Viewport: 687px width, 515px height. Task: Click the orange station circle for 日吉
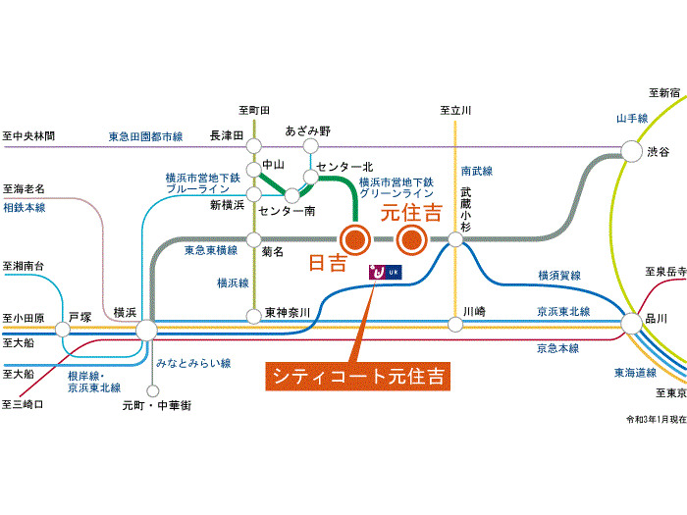click(354, 237)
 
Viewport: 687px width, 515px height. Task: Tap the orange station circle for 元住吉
click(413, 237)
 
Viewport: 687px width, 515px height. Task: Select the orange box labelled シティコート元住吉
click(357, 376)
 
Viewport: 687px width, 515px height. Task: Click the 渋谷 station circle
click(630, 151)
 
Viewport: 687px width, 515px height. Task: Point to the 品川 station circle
click(630, 321)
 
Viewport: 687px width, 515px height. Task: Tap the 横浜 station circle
click(146, 330)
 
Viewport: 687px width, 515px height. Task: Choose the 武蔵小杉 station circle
click(455, 238)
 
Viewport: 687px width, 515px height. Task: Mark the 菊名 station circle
click(254, 239)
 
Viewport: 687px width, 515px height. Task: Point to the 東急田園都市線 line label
click(145, 136)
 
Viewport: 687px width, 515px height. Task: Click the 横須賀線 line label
click(559, 276)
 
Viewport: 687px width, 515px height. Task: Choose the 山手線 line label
click(632, 118)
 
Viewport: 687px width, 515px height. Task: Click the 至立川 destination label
click(455, 111)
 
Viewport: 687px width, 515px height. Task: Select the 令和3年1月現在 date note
click(653, 419)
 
